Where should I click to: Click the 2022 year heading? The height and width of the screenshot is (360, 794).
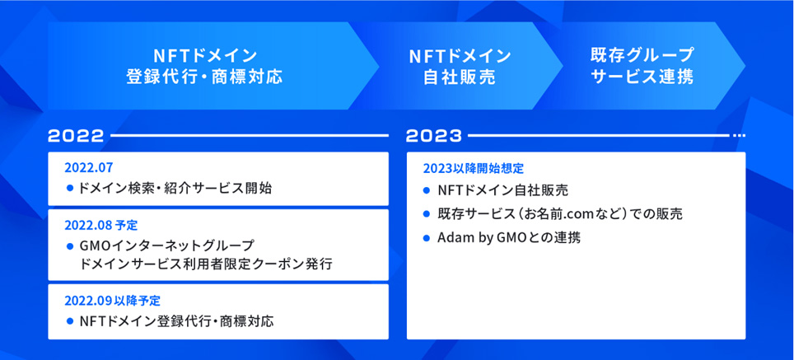click(76, 136)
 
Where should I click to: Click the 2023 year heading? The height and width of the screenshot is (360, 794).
click(434, 136)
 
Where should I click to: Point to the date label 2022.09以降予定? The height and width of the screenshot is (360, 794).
click(112, 301)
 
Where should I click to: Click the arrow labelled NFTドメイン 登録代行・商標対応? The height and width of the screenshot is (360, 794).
click(213, 66)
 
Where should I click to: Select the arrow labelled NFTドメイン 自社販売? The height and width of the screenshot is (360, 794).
click(458, 66)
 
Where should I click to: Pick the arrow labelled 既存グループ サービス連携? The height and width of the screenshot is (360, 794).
click(642, 66)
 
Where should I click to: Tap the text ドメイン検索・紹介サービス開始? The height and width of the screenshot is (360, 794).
click(175, 189)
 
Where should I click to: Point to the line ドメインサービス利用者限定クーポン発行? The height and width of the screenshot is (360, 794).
click(206, 264)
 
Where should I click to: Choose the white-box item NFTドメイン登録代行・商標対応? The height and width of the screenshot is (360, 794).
click(177, 321)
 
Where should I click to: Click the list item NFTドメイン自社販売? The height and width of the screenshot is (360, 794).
click(502, 191)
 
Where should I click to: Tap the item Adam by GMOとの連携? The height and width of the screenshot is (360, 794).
click(509, 238)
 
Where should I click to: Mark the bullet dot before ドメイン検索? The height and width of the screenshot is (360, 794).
click(70, 189)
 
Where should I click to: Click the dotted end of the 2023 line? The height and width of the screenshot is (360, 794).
click(740, 136)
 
